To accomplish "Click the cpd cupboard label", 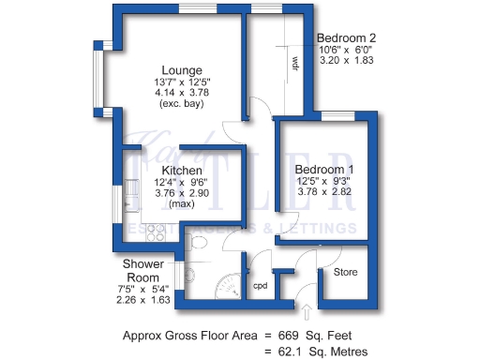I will point(261,287).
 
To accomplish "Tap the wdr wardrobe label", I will point(294,65).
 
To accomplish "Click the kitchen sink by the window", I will point(128,202).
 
